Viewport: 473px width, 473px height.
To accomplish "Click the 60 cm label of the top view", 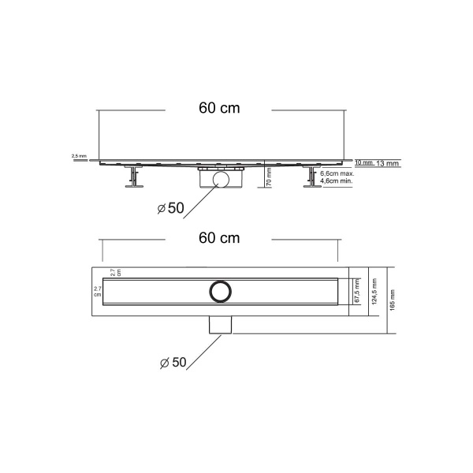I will click(x=218, y=237).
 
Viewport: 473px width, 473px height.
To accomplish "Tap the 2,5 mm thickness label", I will click(x=79, y=156).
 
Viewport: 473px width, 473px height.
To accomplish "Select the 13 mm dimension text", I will click(x=388, y=162).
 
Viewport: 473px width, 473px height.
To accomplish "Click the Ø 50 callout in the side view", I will click(x=169, y=208).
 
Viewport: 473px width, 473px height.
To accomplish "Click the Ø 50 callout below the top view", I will click(x=171, y=363).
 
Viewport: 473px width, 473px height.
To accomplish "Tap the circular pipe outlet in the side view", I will click(x=222, y=180).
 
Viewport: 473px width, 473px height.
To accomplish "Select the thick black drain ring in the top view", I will click(x=219, y=289).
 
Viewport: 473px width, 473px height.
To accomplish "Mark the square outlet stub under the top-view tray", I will click(x=219, y=325).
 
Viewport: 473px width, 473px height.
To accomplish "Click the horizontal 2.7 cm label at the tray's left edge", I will click(x=98, y=292).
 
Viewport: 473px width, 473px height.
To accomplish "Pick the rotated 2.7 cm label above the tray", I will click(x=115, y=273).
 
